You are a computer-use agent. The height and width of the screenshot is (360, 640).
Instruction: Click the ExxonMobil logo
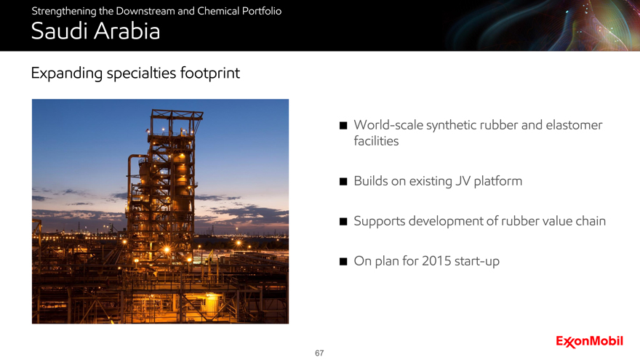click(589, 341)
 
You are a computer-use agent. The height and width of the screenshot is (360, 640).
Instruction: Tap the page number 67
click(319, 353)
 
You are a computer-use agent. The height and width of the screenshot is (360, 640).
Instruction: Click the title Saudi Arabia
click(95, 31)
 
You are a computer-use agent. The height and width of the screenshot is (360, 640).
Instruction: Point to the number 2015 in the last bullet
click(436, 261)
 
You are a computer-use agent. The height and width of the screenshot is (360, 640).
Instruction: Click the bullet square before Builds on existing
click(343, 181)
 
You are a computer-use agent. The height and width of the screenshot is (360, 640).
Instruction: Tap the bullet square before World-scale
click(343, 125)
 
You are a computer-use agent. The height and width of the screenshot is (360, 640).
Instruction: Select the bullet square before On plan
click(343, 261)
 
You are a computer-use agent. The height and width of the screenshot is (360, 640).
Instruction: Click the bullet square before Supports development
click(343, 221)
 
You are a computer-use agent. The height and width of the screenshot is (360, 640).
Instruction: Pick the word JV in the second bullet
click(463, 181)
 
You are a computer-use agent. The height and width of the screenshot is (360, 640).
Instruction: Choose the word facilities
click(376, 141)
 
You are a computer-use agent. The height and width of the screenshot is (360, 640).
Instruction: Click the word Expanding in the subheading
click(66, 73)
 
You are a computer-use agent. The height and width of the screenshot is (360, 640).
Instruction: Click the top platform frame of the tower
click(177, 115)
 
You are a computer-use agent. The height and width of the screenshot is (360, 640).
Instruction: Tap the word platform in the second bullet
click(498, 181)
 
